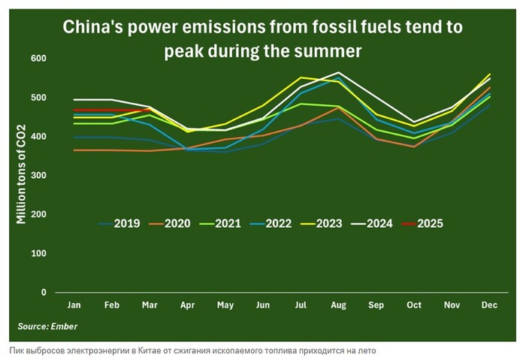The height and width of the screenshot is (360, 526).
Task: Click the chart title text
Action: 262,40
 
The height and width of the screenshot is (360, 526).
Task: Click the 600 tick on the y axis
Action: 39,59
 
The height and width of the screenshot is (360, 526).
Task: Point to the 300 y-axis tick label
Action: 39,175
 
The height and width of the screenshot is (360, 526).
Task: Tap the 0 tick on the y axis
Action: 44,292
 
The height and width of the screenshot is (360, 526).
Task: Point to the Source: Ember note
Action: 47,327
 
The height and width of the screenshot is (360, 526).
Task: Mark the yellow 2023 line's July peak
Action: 302,77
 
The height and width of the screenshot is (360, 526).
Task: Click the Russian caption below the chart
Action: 192,351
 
